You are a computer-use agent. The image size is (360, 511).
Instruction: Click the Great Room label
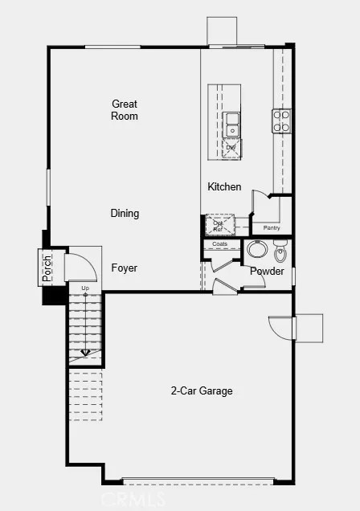pyautogui.click(x=125, y=110)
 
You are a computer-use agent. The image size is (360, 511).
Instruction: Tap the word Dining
pyautogui.click(x=125, y=214)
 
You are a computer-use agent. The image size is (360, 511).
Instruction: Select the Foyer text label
pyautogui.click(x=124, y=268)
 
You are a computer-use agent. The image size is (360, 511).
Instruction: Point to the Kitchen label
pyautogui.click(x=224, y=187)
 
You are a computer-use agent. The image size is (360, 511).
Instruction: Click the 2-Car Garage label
pyautogui.click(x=201, y=391)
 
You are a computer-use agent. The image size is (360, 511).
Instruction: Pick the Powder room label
pyautogui.click(x=267, y=272)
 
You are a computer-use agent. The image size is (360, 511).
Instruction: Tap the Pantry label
pyautogui.click(x=272, y=228)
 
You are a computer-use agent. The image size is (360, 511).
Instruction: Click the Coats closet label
pyautogui.click(x=220, y=243)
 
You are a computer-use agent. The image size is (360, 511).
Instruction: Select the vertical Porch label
pyautogui.click(x=47, y=268)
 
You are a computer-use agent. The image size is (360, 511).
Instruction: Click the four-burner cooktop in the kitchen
pyautogui.click(x=281, y=121)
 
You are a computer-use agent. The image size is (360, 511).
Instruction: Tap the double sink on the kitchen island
pyautogui.click(x=232, y=125)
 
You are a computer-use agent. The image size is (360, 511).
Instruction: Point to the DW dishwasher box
pyautogui.click(x=231, y=149)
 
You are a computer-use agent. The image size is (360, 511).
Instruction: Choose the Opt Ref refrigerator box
pyautogui.click(x=219, y=225)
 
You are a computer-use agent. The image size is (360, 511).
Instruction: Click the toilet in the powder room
pyautogui.click(x=280, y=253)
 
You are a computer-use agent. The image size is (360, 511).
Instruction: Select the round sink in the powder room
pyautogui.click(x=258, y=250)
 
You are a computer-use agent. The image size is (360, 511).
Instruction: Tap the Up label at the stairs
pyautogui.click(x=84, y=287)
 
